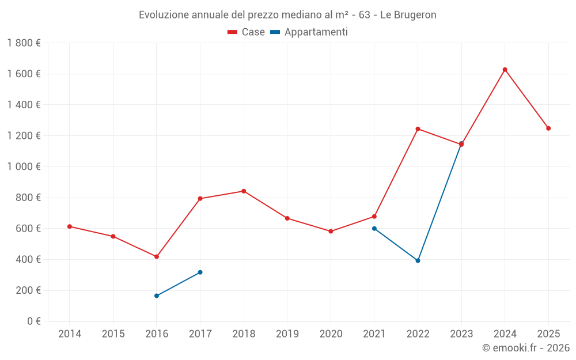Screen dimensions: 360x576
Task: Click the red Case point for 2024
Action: [505, 70]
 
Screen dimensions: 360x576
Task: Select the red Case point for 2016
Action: [157, 256]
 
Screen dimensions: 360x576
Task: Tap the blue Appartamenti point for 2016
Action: [157, 295]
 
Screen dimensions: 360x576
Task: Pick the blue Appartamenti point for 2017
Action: [200, 272]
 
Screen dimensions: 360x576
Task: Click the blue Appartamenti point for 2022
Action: [418, 260]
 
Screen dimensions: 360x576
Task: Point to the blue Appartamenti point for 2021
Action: [374, 228]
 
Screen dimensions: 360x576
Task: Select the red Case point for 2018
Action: [244, 191]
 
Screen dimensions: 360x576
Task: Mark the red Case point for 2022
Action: [418, 128]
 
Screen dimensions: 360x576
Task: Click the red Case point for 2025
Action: [548, 128]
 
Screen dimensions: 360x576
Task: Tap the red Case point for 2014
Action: [70, 226]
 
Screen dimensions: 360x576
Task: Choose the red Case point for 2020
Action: [331, 231]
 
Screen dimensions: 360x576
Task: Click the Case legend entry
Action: [246, 32]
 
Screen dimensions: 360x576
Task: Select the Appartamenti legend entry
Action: [309, 32]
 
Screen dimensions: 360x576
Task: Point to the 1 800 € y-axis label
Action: [24, 43]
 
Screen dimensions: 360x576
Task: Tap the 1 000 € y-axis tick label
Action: [24, 166]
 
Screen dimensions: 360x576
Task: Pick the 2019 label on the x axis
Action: [287, 334]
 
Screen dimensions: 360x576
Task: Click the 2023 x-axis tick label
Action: [461, 334]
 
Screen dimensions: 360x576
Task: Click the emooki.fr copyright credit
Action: [526, 348]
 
